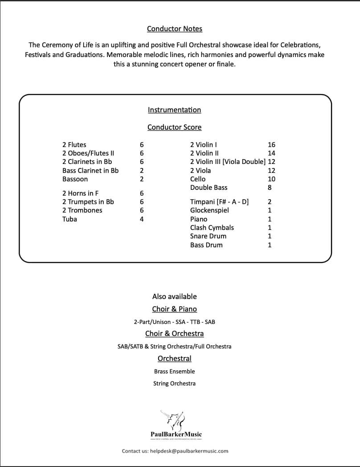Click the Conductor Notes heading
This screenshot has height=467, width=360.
click(x=175, y=29)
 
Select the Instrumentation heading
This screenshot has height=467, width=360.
click(x=174, y=110)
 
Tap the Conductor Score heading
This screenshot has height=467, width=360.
click(x=174, y=127)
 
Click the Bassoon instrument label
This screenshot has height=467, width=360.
click(x=75, y=179)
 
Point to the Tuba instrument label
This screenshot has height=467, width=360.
click(x=70, y=219)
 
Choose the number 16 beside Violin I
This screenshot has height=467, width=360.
click(x=272, y=145)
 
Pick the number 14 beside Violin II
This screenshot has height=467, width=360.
click(x=272, y=153)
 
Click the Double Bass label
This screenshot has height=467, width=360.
click(x=209, y=188)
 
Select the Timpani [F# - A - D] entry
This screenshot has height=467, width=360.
click(x=219, y=202)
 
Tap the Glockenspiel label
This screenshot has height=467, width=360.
click(x=209, y=210)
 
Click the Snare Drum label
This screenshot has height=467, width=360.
click(x=208, y=236)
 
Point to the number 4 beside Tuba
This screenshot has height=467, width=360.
click(x=142, y=219)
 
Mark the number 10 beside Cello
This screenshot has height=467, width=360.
click(x=272, y=179)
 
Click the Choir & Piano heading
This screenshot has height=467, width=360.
click(x=174, y=309)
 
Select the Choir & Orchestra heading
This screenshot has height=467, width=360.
click(x=174, y=334)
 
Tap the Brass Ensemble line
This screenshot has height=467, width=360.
click(x=174, y=371)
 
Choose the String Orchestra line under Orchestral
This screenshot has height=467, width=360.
click(x=174, y=383)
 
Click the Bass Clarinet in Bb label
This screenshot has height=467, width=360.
click(x=90, y=171)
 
